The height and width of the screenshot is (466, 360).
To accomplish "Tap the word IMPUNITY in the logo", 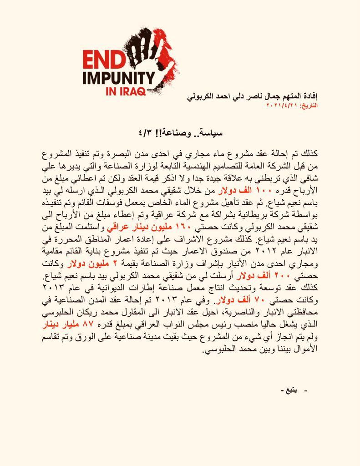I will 118,77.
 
